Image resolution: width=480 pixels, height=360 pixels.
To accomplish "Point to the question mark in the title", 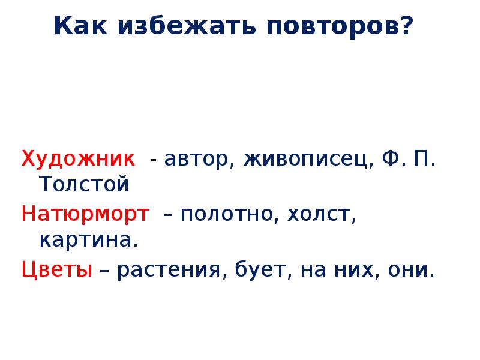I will tap(408, 26).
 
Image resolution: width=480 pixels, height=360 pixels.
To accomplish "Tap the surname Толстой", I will tap(84, 184).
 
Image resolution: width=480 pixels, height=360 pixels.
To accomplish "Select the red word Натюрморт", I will tap(85, 214).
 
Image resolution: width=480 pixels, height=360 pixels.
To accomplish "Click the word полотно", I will tap(224, 214).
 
